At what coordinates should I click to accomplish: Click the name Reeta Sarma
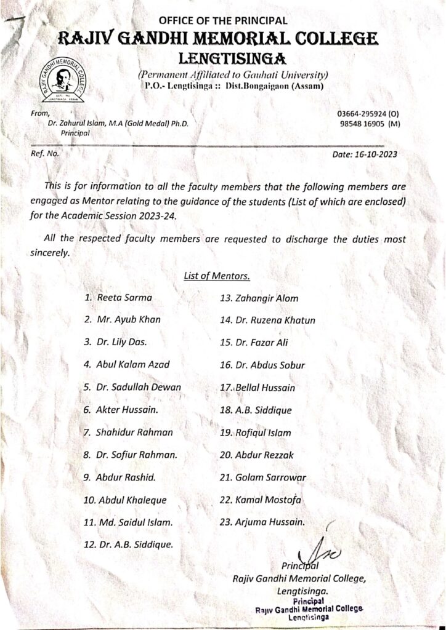[x=124, y=298]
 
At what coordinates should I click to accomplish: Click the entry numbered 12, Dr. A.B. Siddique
[x=135, y=544]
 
